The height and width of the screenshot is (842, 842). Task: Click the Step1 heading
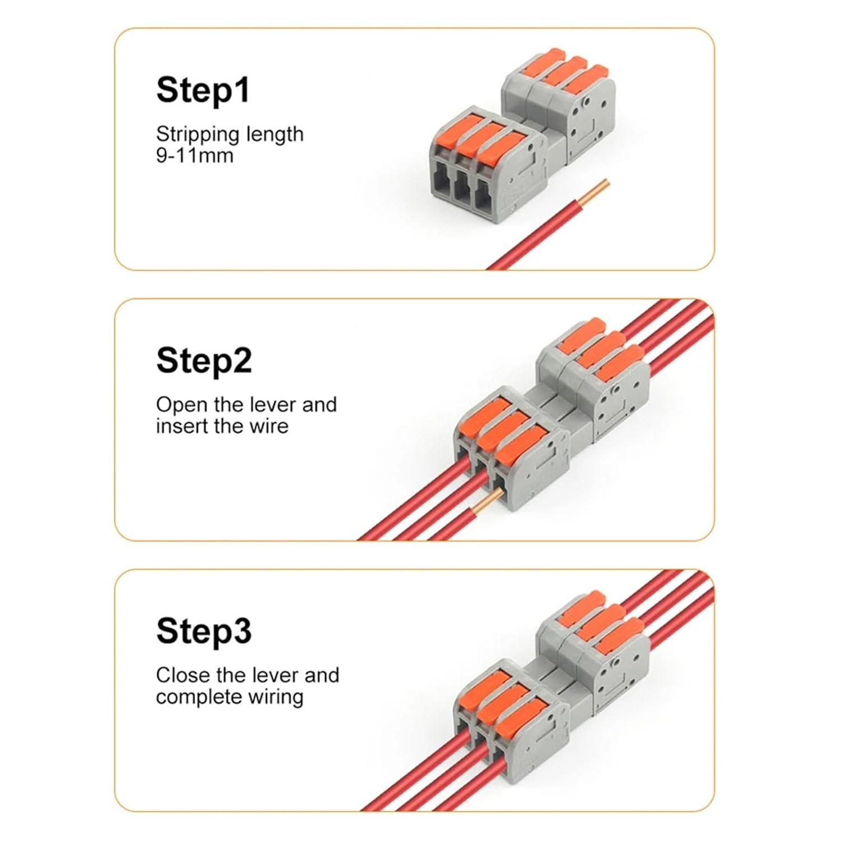[x=203, y=90]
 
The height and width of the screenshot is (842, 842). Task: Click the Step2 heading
[x=204, y=360]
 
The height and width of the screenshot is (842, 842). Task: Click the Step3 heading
[x=204, y=631]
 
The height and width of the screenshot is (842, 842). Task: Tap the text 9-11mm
[x=194, y=155]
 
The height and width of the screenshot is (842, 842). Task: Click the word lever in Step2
[x=273, y=405]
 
